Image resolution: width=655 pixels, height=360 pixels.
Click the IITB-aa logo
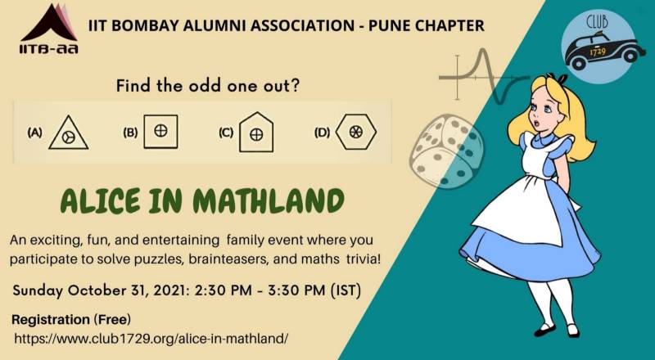49,29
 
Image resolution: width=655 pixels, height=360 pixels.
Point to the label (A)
34,133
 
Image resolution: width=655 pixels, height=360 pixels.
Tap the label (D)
322,133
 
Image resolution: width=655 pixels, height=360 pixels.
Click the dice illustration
446,151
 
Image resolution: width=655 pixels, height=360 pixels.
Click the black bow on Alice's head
559,78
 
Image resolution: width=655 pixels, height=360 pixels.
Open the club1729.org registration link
151,338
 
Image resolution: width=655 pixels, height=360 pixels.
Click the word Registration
51,320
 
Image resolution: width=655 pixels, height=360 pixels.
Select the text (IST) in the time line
346,290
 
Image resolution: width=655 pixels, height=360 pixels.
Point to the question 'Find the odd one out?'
208,86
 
